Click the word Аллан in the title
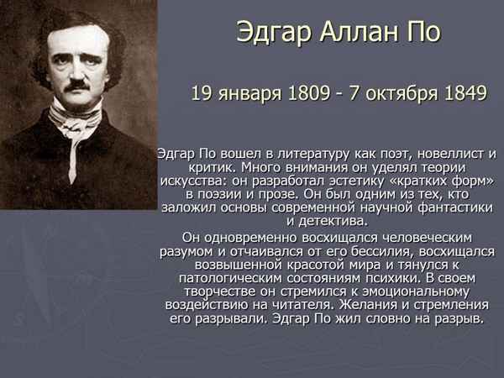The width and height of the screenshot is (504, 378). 349,34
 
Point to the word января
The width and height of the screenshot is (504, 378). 246,92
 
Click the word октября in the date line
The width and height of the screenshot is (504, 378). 395,92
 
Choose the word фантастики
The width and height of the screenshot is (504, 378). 455,207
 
